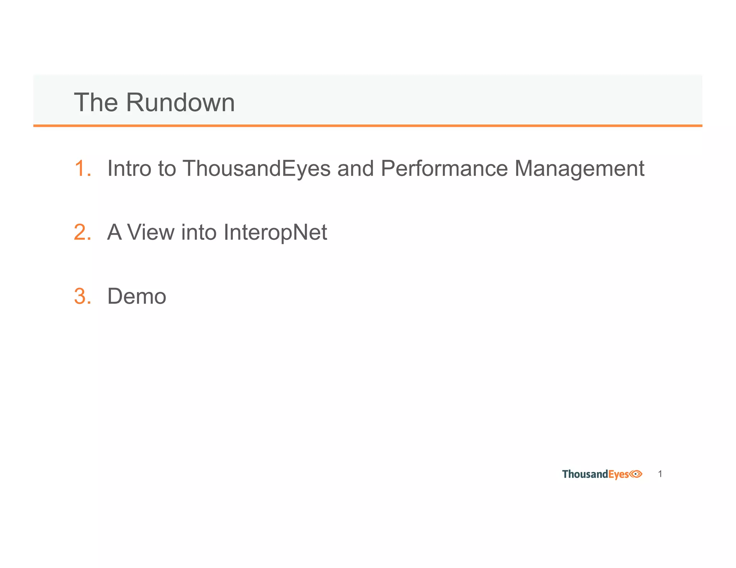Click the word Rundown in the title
click(180, 102)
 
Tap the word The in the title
click(96, 102)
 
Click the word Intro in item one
click(129, 168)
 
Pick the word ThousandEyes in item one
click(256, 168)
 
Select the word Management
click(579, 168)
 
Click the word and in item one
click(355, 168)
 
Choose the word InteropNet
click(275, 232)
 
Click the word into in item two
click(199, 232)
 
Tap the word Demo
click(137, 296)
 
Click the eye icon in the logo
click(636, 474)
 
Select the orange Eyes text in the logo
click(618, 475)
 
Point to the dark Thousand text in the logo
click(585, 474)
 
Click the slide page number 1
click(660, 474)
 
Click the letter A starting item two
click(114, 232)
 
